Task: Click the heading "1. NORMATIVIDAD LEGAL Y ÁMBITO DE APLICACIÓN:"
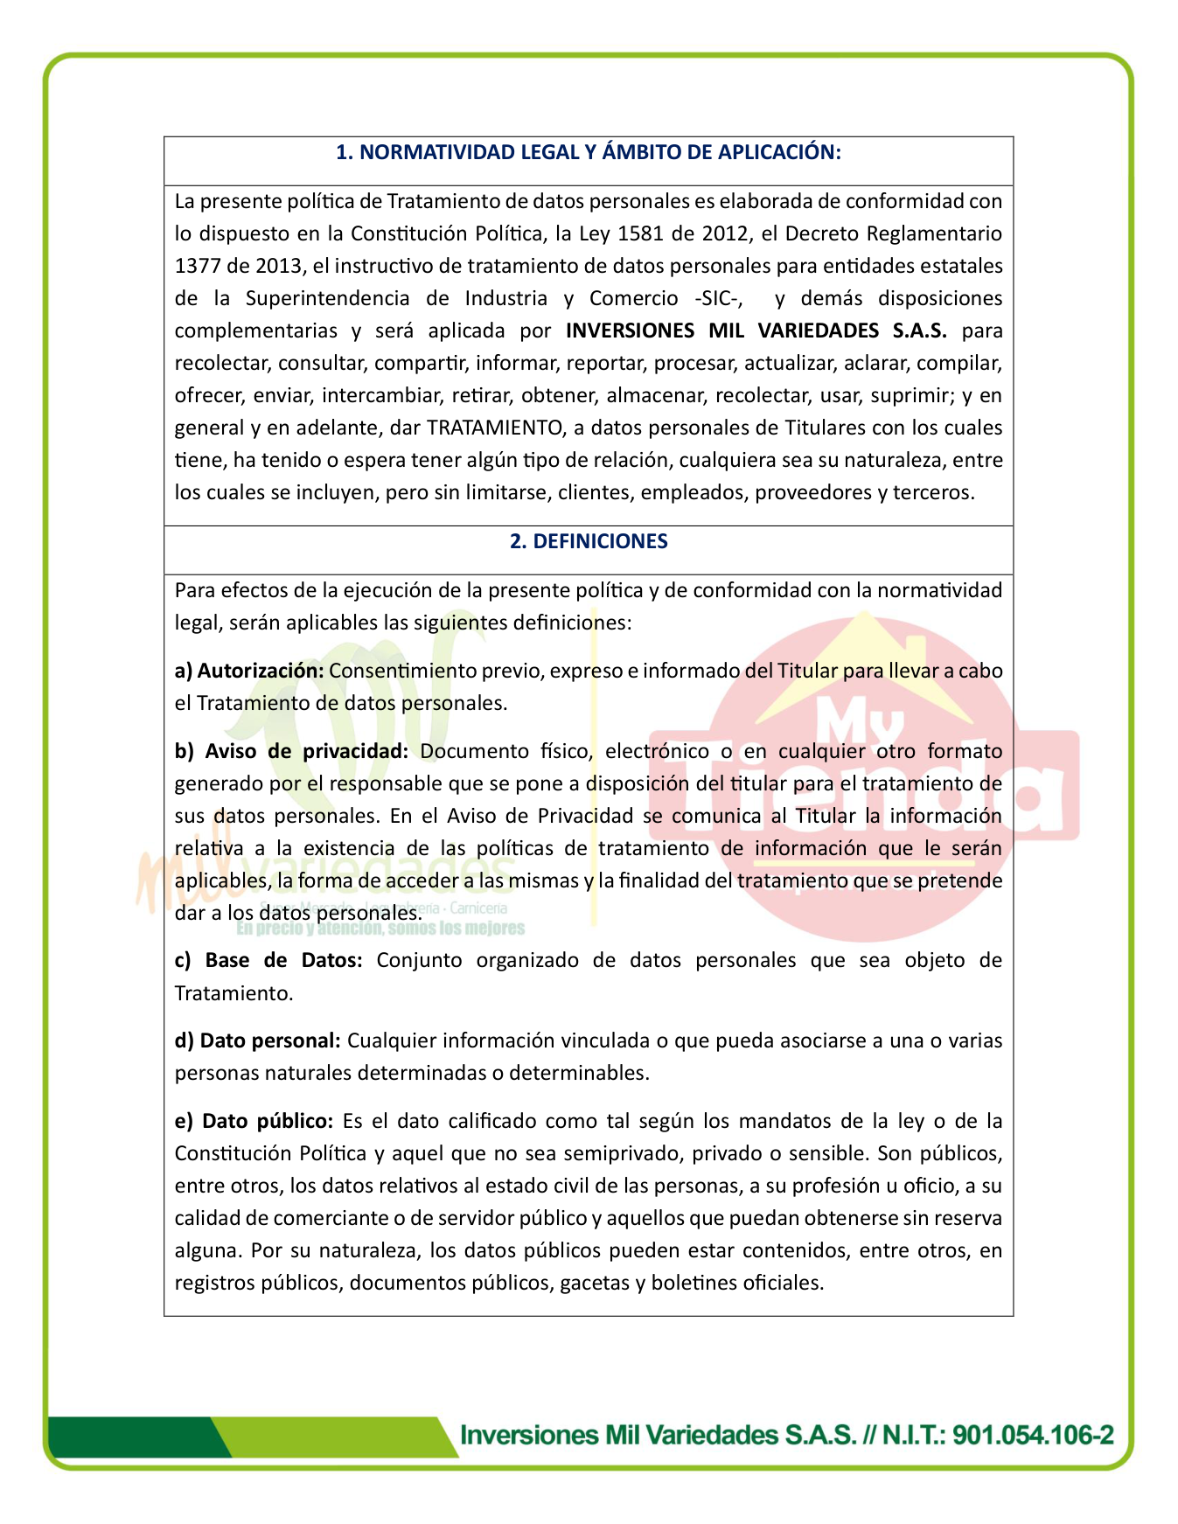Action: (588, 153)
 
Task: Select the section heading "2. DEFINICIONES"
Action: (588, 541)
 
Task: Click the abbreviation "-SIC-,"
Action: (719, 298)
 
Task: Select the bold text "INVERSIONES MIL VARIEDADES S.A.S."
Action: (756, 331)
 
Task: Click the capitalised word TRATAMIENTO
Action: (494, 428)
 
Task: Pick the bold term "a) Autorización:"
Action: (249, 671)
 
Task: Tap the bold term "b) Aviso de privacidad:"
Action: (291, 751)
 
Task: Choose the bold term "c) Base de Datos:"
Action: (268, 960)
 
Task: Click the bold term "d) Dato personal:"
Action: (257, 1040)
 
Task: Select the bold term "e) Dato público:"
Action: (254, 1121)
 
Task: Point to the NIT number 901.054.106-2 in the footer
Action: (1033, 1435)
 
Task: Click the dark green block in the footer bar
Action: (131, 1437)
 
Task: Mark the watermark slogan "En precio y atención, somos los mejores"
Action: (380, 929)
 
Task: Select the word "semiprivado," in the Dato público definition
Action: (623, 1153)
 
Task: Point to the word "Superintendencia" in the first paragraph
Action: (327, 298)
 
